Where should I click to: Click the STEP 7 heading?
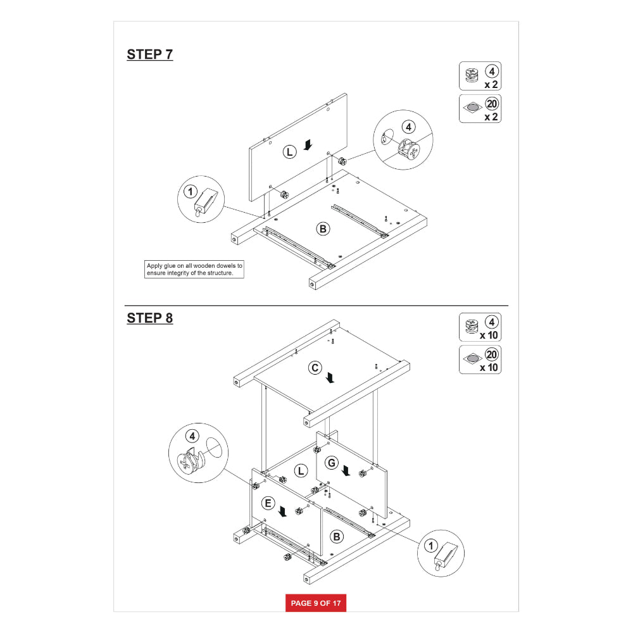click(150, 54)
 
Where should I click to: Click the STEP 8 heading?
click(150, 318)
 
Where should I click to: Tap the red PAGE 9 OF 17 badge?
click(316, 603)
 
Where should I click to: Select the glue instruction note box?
click(194, 269)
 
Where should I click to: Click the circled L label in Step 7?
click(289, 152)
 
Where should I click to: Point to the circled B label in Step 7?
click(323, 229)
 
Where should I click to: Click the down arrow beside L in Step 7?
click(308, 145)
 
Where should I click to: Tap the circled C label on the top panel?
click(315, 368)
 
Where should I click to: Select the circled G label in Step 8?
click(332, 463)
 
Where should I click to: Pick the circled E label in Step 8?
click(268, 503)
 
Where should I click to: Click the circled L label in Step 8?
click(301, 471)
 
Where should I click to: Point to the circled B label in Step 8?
click(337, 537)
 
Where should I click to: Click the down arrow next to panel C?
click(330, 378)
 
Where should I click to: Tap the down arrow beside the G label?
click(346, 470)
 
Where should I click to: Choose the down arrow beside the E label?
click(282, 512)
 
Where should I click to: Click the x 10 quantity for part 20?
click(489, 367)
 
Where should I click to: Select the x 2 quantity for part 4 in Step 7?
click(491, 84)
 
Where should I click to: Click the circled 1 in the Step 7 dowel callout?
click(190, 191)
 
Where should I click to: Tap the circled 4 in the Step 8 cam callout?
click(192, 436)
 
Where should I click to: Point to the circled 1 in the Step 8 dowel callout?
click(430, 546)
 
